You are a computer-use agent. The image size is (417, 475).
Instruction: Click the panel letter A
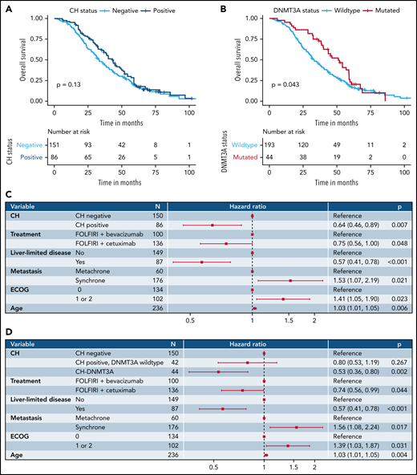pos(6,6)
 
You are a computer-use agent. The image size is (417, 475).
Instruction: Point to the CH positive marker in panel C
pos(213,225)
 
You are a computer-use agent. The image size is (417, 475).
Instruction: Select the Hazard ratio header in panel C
pos(252,206)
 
